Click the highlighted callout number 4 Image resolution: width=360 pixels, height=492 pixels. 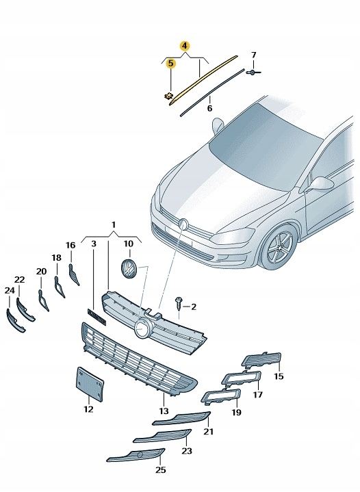(184, 46)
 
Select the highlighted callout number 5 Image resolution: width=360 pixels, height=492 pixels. (170, 64)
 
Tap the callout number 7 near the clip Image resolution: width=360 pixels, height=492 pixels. (253, 55)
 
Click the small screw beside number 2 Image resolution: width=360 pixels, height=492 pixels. (179, 302)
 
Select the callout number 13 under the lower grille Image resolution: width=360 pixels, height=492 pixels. (164, 411)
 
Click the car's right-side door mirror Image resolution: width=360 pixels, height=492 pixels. (320, 183)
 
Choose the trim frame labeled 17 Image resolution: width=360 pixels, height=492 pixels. (240, 378)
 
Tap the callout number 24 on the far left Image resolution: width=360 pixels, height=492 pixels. (10, 290)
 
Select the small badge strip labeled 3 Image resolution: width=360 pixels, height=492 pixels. (97, 316)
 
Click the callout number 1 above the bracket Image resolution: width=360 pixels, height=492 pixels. (114, 224)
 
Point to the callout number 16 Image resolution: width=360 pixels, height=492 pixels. (70, 245)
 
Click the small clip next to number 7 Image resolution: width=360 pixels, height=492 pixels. (253, 72)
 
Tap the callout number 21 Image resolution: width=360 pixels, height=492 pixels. (209, 431)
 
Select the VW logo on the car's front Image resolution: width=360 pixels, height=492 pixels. (183, 224)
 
